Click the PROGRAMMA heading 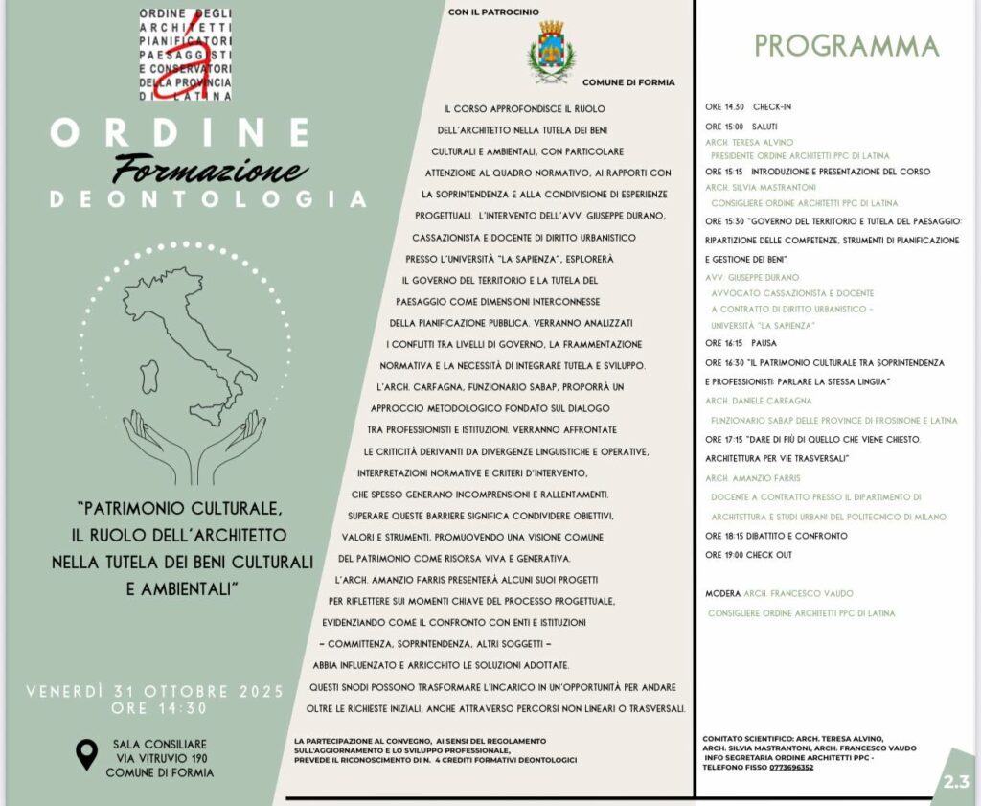tap(846, 45)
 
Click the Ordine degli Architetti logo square tap(186, 56)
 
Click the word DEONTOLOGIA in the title tap(209, 199)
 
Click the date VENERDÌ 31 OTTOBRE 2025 tap(154, 691)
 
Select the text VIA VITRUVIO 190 tap(159, 757)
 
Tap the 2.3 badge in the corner tap(956, 781)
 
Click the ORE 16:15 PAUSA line tap(741, 342)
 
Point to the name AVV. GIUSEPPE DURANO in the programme tap(752, 277)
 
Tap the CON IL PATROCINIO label tap(493, 11)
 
